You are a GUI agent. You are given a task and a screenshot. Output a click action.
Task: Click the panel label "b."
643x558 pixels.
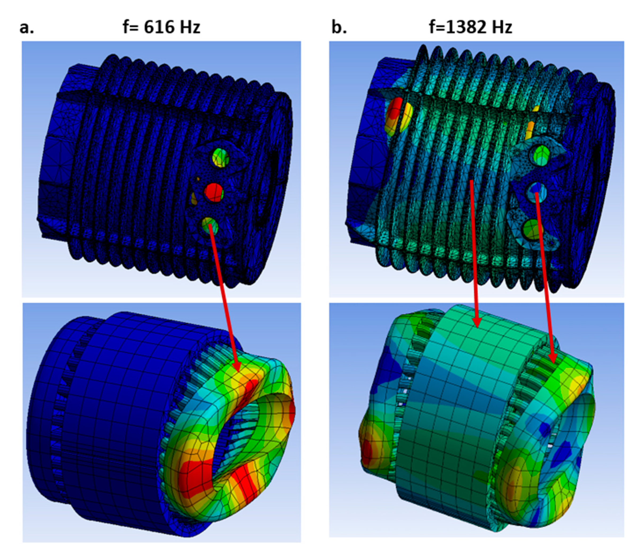click(339, 27)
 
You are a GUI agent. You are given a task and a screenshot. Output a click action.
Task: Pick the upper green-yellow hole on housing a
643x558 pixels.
click(221, 158)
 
